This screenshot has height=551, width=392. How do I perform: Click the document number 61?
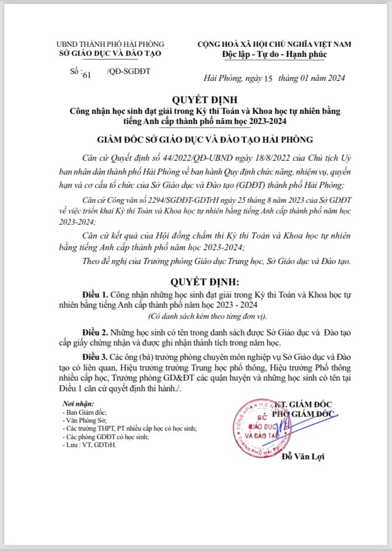87,75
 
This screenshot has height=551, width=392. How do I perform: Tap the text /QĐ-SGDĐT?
129,71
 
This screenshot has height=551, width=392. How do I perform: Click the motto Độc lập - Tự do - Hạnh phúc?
274,54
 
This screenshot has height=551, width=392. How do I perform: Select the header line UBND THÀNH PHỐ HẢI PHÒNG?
111,44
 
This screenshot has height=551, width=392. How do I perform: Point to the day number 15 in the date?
268,79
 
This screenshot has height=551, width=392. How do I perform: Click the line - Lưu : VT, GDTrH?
89,445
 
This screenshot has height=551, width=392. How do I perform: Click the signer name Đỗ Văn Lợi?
303,456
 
